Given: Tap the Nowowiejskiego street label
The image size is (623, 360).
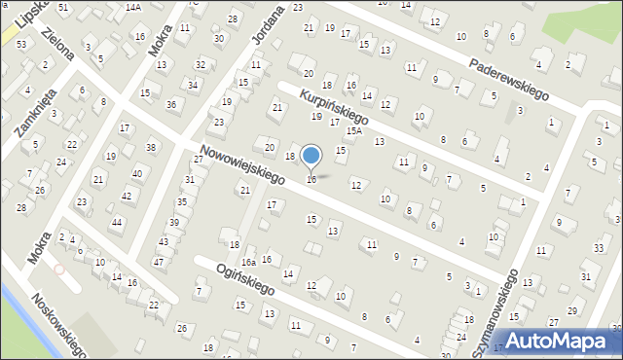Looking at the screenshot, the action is coord(238,162).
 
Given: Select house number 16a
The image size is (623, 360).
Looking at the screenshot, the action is coord(249,262).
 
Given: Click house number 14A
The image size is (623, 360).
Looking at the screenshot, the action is coord(132,7).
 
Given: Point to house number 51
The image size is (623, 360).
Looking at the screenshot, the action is coord(63,7).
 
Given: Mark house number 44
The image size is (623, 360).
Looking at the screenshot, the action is coord(116,223).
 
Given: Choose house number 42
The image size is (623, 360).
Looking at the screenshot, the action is coord(127,197).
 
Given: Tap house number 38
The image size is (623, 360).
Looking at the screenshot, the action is coord(150,147).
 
